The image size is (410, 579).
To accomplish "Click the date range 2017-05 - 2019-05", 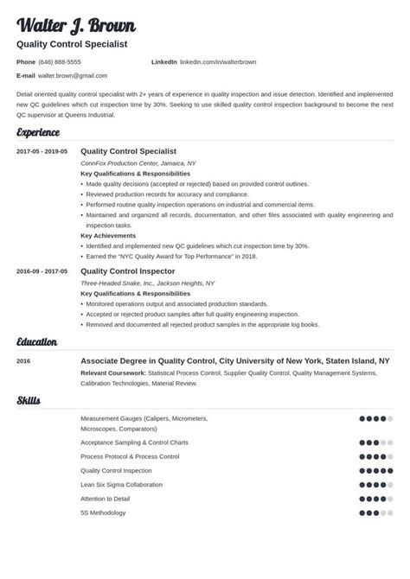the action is pyautogui.click(x=42, y=152).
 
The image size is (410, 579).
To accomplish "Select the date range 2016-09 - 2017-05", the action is pyautogui.click(x=42, y=271).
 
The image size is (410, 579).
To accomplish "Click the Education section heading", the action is pyautogui.click(x=37, y=342).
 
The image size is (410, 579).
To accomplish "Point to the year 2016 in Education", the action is pyautogui.click(x=24, y=362).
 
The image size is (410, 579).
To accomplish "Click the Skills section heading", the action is pyautogui.click(x=29, y=401).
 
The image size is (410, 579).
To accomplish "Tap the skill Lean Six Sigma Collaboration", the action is pyautogui.click(x=121, y=485).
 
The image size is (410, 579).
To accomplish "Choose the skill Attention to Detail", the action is pyautogui.click(x=106, y=499).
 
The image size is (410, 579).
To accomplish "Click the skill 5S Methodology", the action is pyautogui.click(x=103, y=512).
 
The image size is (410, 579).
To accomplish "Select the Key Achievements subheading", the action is pyautogui.click(x=108, y=235).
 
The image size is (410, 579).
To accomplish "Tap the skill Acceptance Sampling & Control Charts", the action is pyautogui.click(x=134, y=442).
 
